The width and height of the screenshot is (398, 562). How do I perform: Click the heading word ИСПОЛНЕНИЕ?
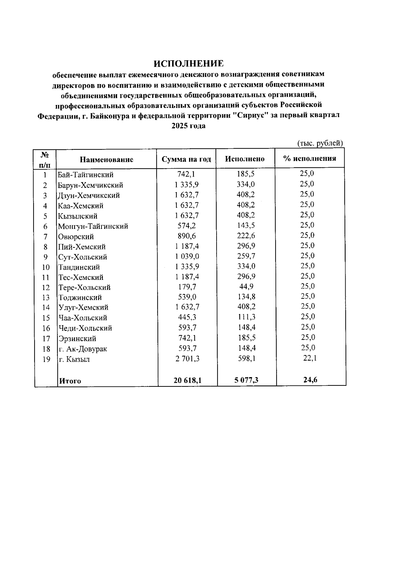189,63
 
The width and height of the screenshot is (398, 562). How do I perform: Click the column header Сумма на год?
186,159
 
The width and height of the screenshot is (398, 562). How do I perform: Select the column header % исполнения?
309,158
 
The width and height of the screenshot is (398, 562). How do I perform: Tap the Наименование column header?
106,160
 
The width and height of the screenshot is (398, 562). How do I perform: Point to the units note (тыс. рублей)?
319,143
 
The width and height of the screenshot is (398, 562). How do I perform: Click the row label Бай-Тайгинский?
86,175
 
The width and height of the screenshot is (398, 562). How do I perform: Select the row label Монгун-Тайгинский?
93,227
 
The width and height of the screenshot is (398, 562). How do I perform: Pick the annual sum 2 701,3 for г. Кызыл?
187,359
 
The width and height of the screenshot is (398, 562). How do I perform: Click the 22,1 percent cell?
310,358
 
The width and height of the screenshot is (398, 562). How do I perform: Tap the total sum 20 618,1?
187,381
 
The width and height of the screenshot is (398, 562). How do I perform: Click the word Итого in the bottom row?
70,381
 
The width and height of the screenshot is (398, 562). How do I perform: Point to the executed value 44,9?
246,286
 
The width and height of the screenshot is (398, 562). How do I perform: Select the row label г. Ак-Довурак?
83,349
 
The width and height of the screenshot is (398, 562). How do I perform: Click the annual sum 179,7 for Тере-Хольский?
187,287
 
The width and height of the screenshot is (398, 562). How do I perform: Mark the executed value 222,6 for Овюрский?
246,236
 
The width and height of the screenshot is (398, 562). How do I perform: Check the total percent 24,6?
310,380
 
